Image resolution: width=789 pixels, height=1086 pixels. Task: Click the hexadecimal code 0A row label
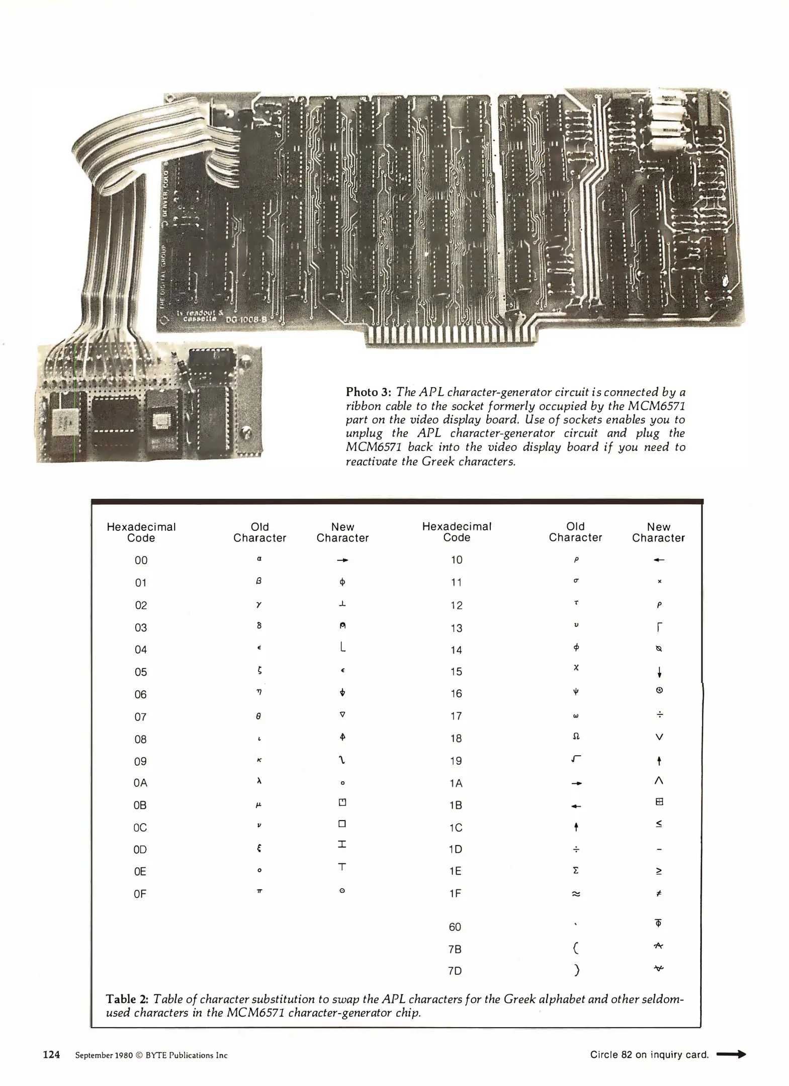pos(140,783)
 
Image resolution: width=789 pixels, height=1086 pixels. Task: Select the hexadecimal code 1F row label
pos(456,893)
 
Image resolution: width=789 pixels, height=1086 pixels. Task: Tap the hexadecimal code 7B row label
pos(455,949)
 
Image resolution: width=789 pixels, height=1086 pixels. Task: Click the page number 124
pos(51,1055)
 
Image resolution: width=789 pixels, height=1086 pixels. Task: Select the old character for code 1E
pos(576,870)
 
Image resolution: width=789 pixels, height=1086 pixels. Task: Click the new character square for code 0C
pos(342,824)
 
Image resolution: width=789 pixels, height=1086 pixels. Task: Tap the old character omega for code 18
pos(576,737)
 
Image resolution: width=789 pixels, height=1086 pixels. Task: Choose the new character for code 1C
pos(659,824)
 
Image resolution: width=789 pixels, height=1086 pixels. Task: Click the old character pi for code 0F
pos(259,891)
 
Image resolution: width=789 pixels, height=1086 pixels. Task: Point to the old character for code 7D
pos(577,970)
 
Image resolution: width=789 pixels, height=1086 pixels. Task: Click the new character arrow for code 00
pos(342,560)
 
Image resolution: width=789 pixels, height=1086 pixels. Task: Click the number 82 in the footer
pos(626,1054)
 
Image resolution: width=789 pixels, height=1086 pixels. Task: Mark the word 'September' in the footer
pos(94,1055)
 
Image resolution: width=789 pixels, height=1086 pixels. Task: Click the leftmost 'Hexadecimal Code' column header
pos(141,532)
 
